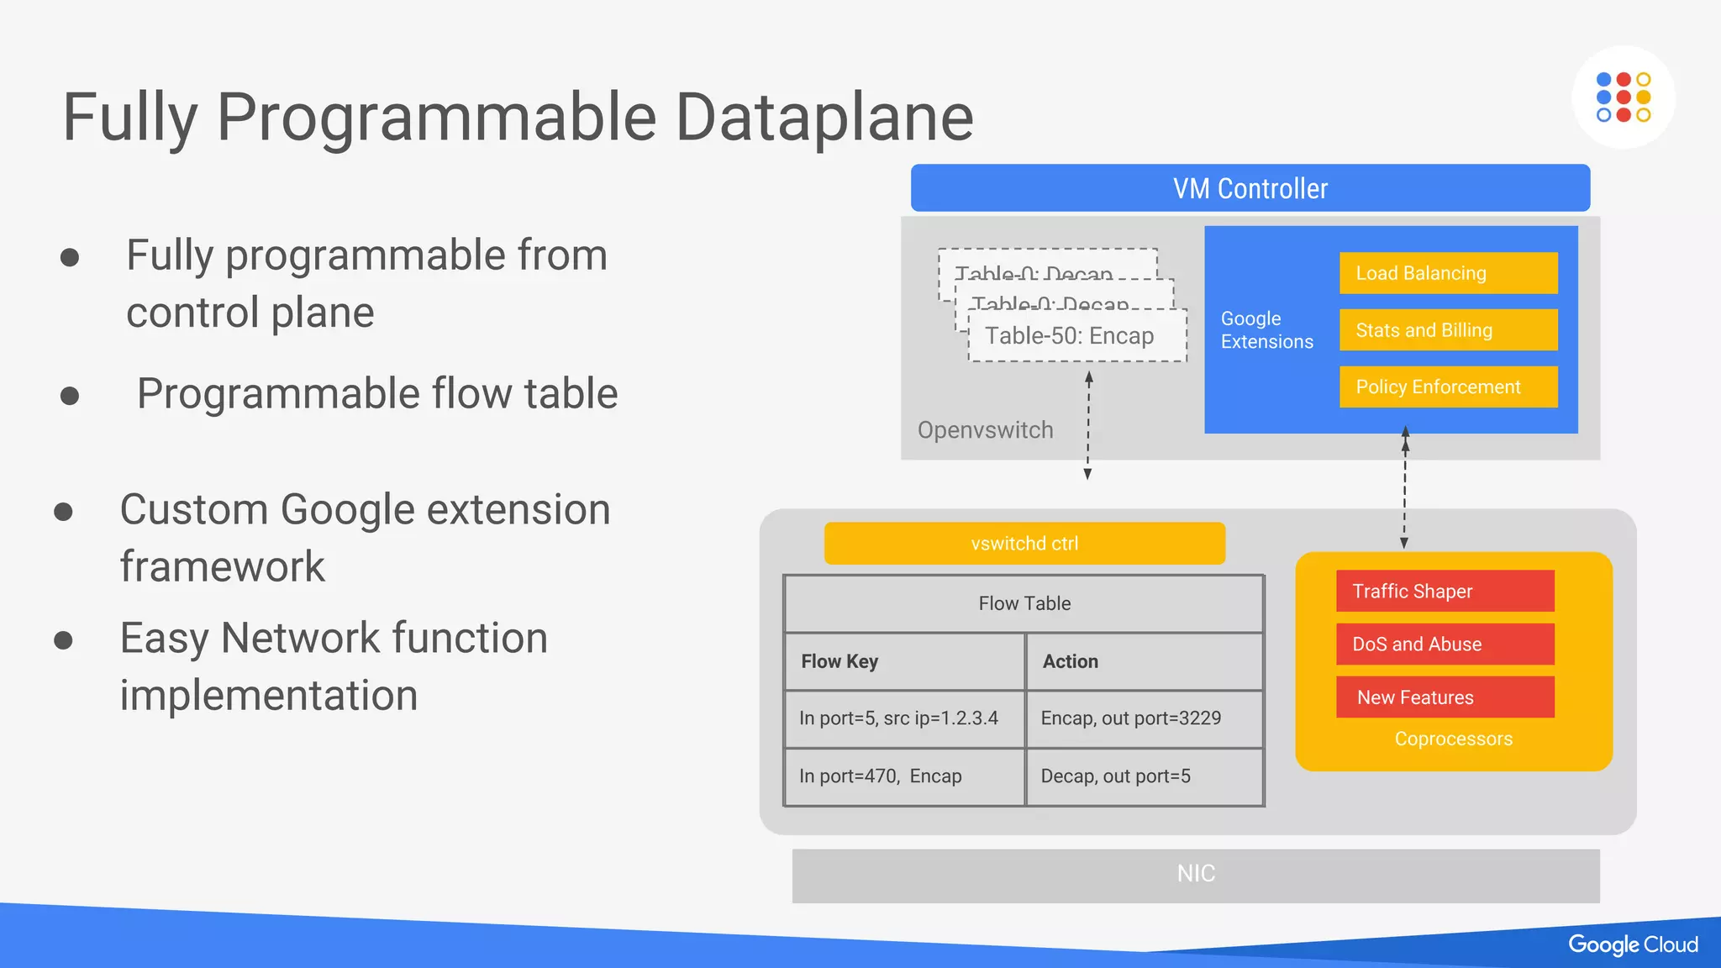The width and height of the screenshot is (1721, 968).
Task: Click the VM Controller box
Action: [1250, 188]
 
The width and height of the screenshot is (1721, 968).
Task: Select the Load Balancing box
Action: [1448, 273]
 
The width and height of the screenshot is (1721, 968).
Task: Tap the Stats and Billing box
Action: [1448, 330]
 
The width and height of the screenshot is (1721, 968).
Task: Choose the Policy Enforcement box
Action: [1448, 387]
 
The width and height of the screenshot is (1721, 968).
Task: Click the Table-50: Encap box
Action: [1076, 336]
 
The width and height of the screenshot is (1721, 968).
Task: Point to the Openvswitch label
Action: [985, 430]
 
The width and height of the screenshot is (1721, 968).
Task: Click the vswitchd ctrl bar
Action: [1024, 544]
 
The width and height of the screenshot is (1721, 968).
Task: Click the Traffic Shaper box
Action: [1445, 591]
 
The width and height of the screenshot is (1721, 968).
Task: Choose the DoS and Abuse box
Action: [1445, 644]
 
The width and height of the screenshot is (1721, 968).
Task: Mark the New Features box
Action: [1445, 697]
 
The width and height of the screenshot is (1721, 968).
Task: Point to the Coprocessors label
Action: [1453, 739]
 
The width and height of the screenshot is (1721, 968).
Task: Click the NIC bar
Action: [1196, 875]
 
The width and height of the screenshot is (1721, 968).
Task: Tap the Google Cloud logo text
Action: [1633, 944]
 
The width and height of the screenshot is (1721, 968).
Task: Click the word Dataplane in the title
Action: [824, 118]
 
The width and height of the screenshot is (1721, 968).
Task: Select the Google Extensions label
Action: [1266, 330]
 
